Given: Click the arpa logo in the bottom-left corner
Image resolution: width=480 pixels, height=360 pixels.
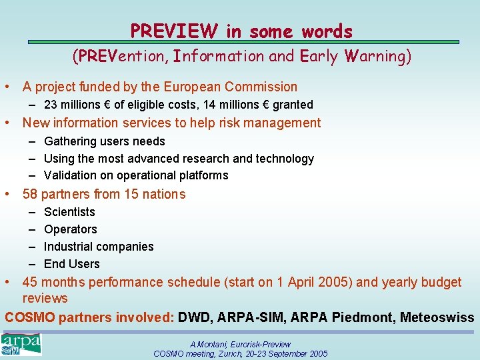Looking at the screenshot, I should click(x=21, y=345).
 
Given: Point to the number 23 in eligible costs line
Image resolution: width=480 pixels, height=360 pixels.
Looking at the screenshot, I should click(x=51, y=105).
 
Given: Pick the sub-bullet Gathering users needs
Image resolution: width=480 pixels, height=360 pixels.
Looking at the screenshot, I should click(x=104, y=141).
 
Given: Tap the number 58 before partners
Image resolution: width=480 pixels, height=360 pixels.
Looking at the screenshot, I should click(x=30, y=194).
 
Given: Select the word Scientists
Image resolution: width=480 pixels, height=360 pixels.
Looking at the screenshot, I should click(x=69, y=212).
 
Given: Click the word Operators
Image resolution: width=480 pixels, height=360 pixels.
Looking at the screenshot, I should click(x=70, y=229).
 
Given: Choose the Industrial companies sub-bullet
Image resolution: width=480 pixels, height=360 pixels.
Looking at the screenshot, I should click(x=99, y=247).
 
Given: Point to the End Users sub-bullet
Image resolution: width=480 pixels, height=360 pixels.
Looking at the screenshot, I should click(x=71, y=264).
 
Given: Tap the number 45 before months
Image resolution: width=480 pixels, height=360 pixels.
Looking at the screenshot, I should click(x=30, y=282).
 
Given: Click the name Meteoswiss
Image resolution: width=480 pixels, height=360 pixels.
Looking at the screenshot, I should click(x=437, y=317).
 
